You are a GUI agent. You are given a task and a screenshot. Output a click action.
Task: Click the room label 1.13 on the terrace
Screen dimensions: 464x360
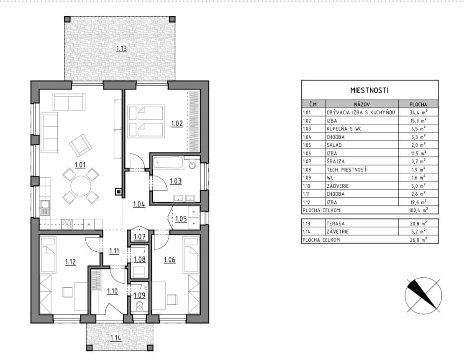[121, 49]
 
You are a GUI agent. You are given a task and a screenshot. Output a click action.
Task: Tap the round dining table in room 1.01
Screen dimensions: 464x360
[81, 186]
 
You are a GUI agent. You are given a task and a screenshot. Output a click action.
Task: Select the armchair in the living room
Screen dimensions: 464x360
[81, 145]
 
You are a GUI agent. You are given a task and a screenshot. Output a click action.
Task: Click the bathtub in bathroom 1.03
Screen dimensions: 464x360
[168, 163]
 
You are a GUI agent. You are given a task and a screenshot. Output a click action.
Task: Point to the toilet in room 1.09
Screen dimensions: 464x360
[139, 306]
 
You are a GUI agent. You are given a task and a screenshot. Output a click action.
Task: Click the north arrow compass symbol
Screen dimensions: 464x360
[423, 296]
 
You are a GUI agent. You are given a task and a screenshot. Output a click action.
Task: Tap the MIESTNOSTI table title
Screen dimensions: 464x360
[369, 90]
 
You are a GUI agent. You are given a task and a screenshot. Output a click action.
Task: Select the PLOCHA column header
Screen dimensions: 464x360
[418, 105]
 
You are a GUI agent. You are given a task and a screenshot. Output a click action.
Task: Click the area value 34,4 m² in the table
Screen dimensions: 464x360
[418, 112]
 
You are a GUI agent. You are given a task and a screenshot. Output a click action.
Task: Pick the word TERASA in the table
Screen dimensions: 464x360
[336, 224]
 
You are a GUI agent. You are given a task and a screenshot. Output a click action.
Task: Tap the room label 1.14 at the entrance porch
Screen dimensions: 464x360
[116, 338]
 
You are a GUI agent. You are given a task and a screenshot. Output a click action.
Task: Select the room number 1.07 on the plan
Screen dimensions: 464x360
[139, 237]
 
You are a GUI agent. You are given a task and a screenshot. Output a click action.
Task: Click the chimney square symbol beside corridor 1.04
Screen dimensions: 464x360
[119, 191]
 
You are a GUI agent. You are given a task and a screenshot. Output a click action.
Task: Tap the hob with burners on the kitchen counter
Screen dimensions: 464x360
[67, 224]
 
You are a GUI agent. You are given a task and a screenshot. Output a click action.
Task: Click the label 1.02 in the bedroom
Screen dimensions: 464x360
[177, 123]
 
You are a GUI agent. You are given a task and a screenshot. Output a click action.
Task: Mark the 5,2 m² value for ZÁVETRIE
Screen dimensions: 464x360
[418, 232]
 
